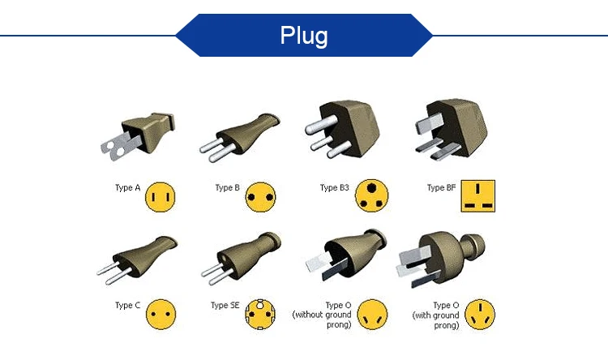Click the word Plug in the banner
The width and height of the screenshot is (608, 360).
tap(304, 36)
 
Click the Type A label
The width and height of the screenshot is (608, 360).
tap(128, 188)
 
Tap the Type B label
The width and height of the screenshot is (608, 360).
tap(227, 188)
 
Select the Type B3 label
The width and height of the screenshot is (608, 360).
tap(334, 188)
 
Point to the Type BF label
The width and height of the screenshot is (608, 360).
tap(441, 188)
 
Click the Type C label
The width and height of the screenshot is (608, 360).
tap(128, 306)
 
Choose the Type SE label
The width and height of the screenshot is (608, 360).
tap(225, 306)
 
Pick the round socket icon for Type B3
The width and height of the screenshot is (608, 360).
tap(372, 195)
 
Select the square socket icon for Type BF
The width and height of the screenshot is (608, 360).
tap(478, 195)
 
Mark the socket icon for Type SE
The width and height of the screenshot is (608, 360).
tap(260, 314)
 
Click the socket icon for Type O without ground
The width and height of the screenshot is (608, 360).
tap(373, 314)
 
